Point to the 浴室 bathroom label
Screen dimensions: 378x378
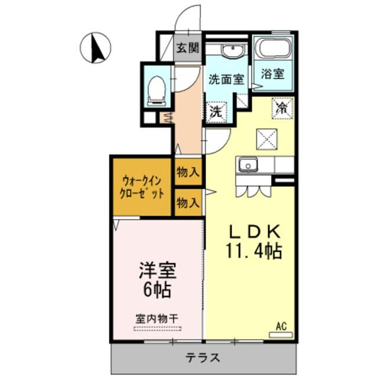click(272, 74)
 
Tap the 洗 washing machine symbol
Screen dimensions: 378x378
click(216, 110)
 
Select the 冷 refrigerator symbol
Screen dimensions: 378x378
click(283, 107)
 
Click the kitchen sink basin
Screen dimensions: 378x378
click(247, 164)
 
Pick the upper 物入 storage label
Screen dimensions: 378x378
click(188, 173)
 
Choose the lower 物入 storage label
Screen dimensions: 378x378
click(188, 203)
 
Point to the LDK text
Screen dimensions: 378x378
click(252, 232)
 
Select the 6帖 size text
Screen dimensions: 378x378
click(157, 290)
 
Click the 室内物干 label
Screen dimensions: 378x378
click(157, 317)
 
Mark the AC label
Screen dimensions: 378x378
click(281, 325)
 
